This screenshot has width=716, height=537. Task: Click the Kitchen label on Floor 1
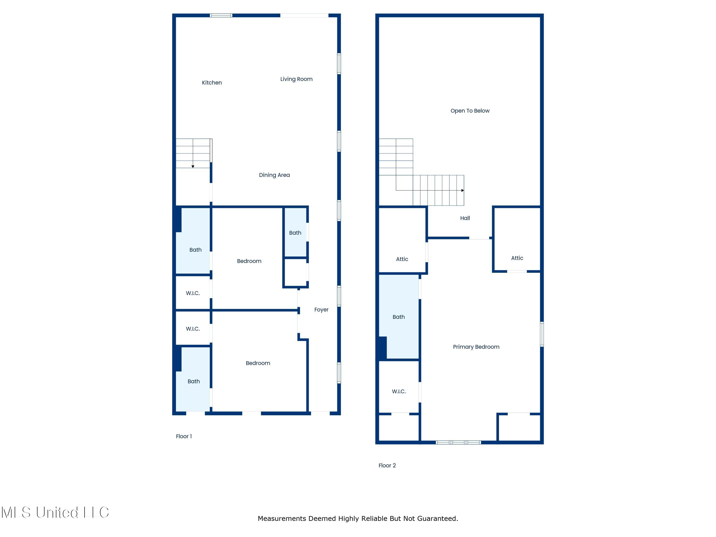[212, 83]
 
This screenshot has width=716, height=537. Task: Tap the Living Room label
[296, 79]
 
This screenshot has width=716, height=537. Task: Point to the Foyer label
[321, 310]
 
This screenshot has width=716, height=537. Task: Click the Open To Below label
[470, 111]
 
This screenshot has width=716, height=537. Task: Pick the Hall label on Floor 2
[465, 218]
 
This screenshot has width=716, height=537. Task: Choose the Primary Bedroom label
[476, 347]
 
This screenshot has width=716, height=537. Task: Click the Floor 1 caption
[184, 436]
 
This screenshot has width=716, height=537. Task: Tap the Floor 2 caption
[387, 465]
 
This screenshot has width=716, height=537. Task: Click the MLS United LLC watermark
[55, 512]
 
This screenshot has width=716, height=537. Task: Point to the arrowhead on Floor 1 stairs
[193, 166]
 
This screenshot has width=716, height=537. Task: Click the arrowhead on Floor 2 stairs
[463, 190]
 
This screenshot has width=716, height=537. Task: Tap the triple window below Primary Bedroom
[458, 442]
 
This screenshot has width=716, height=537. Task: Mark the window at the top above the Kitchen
[221, 15]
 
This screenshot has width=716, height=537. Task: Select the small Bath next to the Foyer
[295, 232]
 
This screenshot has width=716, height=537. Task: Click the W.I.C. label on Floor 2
[399, 391]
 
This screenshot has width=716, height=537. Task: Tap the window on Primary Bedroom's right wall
[542, 334]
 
